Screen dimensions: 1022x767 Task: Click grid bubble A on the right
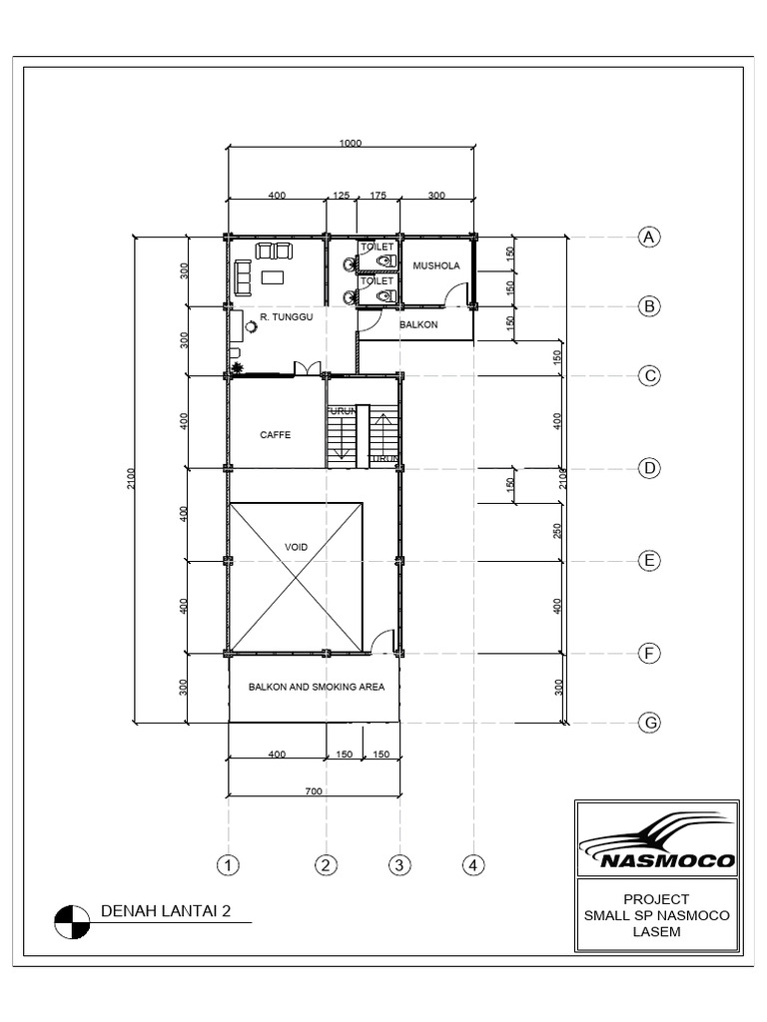coord(649,237)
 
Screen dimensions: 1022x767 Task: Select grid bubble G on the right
coord(649,723)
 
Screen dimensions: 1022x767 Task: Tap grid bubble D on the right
coord(649,468)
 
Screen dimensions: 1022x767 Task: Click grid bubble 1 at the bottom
coord(229,864)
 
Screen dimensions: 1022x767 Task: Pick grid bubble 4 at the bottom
coord(473,864)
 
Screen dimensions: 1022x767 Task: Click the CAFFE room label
coord(275,434)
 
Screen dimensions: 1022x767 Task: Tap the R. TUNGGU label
coord(287,316)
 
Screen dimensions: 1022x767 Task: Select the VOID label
coord(297,547)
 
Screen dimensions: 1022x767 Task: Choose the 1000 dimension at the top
coord(350,144)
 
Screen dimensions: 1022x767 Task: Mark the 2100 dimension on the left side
coord(130,479)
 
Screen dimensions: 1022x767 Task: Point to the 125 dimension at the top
coord(340,196)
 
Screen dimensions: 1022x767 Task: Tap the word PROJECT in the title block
coord(656,898)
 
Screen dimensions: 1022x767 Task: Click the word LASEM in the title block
coord(656,932)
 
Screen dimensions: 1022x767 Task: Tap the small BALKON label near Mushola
coord(413,324)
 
